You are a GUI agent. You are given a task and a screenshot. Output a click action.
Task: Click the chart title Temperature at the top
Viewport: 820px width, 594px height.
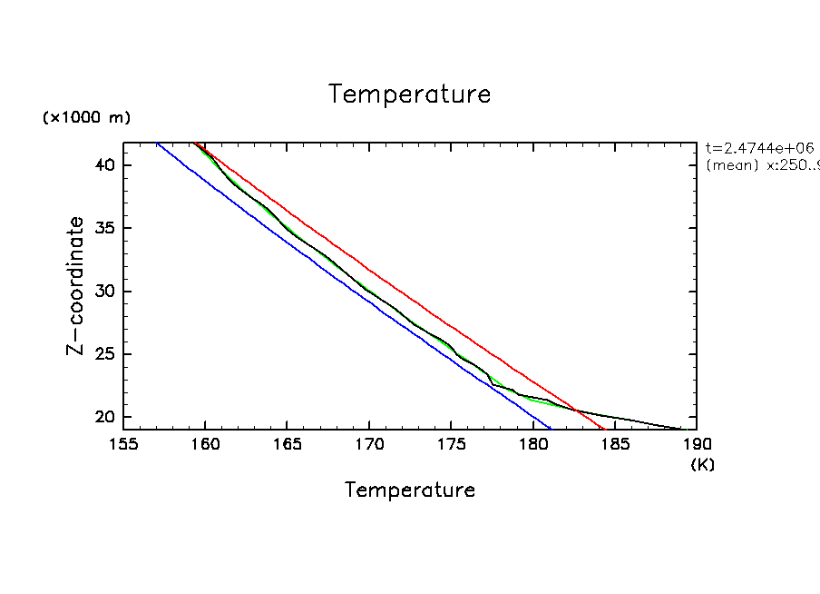point(410,94)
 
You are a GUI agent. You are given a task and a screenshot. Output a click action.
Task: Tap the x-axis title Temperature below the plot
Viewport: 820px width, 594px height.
point(410,490)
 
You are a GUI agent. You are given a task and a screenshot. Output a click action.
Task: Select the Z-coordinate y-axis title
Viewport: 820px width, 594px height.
point(78,285)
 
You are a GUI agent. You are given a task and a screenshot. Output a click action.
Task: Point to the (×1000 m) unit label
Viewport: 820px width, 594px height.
point(86,118)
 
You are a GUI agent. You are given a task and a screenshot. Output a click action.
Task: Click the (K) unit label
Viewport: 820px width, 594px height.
point(703,464)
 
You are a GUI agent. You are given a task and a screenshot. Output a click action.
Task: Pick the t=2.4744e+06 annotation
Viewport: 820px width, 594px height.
point(760,148)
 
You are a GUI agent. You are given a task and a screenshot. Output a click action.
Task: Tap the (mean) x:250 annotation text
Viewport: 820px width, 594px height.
point(760,165)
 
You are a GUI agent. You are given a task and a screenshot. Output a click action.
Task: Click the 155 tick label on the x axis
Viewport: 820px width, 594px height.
point(123,445)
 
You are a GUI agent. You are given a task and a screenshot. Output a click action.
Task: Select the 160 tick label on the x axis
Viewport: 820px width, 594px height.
point(205,445)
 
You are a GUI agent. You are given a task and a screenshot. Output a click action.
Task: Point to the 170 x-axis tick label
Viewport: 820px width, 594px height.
point(369,445)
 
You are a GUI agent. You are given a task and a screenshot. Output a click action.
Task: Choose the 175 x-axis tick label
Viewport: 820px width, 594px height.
point(451,445)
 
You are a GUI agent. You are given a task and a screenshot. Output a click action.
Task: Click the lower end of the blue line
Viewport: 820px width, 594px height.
point(550,428)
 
